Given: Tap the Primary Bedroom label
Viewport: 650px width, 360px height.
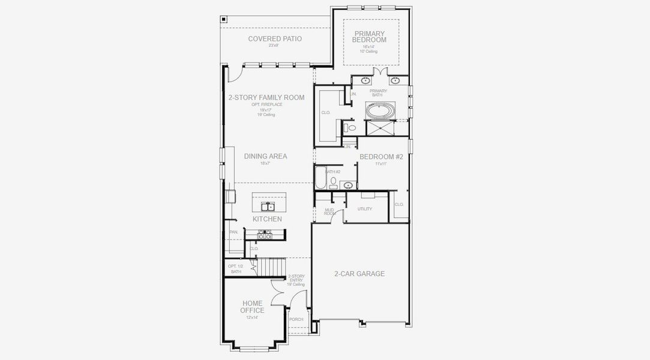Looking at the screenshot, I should tap(370, 37).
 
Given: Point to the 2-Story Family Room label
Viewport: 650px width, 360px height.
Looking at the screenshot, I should tap(266, 97).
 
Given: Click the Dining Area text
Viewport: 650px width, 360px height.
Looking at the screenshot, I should tap(265, 156).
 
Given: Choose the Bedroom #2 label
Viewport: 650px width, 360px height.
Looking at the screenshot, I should tap(381, 157).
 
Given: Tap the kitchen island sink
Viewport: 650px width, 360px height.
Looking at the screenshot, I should tap(268, 207).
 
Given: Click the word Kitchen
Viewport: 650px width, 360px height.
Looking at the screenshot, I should tap(267, 219).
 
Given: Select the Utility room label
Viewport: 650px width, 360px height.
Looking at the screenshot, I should tap(364, 209).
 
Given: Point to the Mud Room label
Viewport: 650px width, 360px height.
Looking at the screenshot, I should tap(330, 211).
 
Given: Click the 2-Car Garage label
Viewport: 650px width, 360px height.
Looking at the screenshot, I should tap(360, 274).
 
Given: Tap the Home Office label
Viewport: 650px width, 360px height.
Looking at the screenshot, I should tap(252, 307).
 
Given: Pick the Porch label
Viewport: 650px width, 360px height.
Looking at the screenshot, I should tap(296, 319).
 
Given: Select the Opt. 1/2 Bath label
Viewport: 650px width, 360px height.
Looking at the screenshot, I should tap(235, 269).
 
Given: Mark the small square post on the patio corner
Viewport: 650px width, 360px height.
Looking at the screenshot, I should tap(224, 19).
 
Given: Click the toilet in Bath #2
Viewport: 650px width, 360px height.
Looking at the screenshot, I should tap(334, 180).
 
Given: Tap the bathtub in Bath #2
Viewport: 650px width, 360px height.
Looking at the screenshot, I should tap(319, 178).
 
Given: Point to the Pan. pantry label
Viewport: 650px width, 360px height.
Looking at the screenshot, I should tap(233, 232).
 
